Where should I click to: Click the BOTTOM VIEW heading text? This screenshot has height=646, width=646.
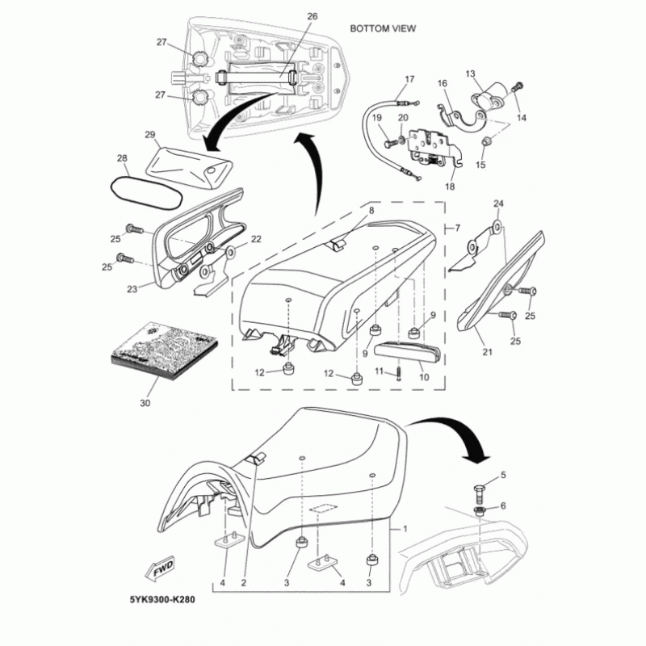pyautogui.click(x=383, y=28)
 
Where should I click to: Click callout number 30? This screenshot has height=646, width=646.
pyautogui.click(x=145, y=401)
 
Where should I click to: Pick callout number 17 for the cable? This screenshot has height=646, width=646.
pyautogui.click(x=409, y=79)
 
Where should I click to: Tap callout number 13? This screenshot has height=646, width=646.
pyautogui.click(x=471, y=73)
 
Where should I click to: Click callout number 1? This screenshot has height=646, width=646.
pyautogui.click(x=405, y=530)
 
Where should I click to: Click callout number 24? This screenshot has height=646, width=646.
pyautogui.click(x=498, y=203)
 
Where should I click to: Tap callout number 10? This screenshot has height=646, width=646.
pyautogui.click(x=422, y=376)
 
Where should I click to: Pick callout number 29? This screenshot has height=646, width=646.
pyautogui.click(x=149, y=133)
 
